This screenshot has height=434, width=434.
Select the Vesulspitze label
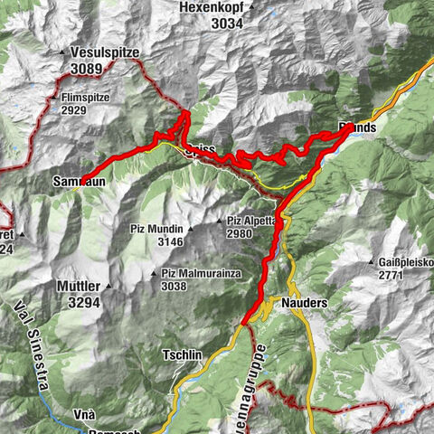pos(106,53)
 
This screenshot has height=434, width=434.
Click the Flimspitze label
pos(88,94)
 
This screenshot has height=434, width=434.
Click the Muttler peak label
pos(79,288)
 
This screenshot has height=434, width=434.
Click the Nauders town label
pos(303,303)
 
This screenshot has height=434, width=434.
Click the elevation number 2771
pos(386,276)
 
